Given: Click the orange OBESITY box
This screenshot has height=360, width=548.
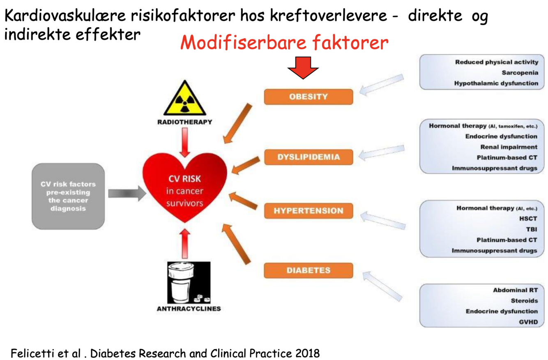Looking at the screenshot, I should pos(309,97).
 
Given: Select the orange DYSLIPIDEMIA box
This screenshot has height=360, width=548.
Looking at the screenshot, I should pos(309,157).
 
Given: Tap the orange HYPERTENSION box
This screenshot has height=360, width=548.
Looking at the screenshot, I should pos(309,211).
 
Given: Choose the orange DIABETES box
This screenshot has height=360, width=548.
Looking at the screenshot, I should pos(309,270).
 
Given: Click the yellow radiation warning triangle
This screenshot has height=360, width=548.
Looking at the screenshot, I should pos(185,99).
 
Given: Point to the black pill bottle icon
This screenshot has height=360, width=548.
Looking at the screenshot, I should pos(189,282).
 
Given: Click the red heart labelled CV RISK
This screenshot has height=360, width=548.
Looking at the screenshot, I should pos(185,187).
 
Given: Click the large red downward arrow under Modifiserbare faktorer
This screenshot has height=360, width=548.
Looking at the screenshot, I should pos(303,67).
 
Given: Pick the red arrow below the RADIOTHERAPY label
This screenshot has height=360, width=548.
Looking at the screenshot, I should pos(185,142).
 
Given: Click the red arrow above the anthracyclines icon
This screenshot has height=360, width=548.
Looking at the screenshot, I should pos(185,243).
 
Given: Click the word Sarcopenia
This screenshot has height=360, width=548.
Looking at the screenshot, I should pos(519,73).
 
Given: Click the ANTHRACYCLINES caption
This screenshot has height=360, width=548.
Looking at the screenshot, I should pos(189,309).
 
